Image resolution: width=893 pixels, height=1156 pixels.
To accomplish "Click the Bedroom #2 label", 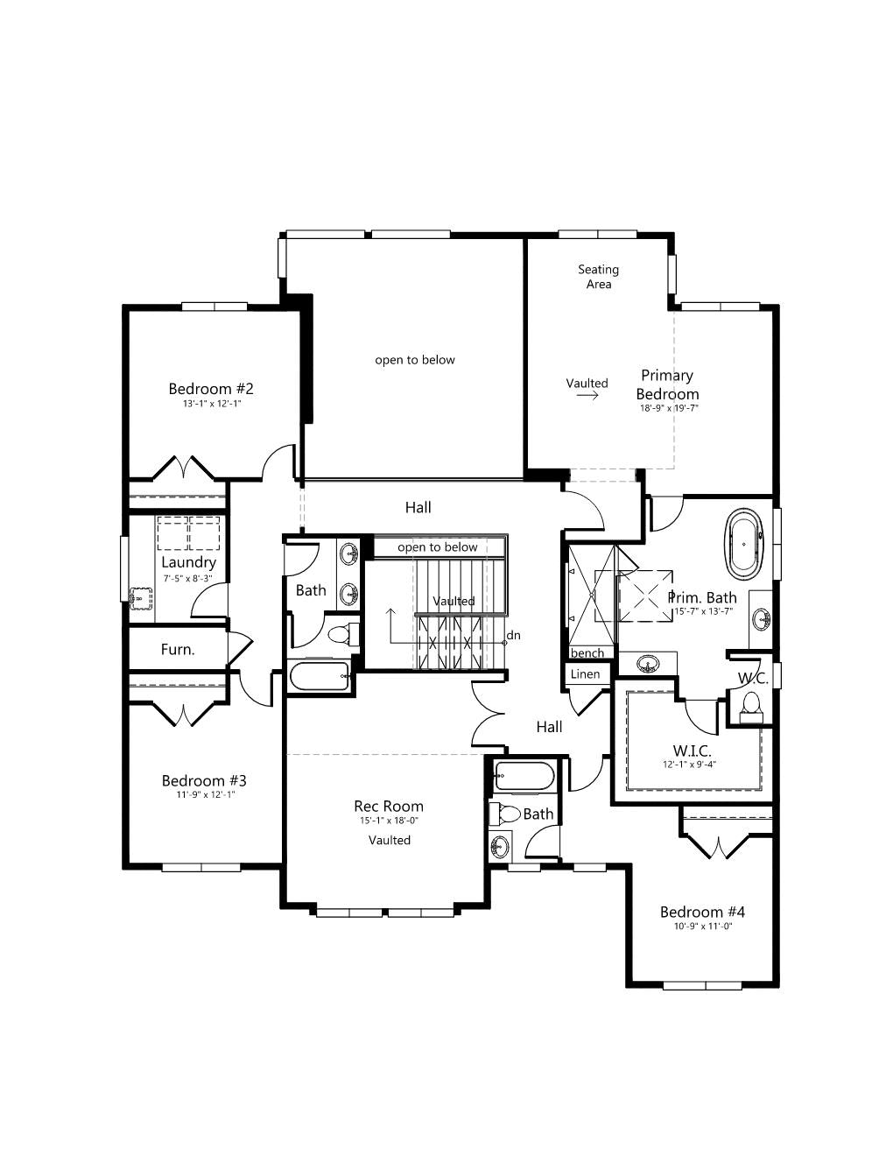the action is (x=211, y=389).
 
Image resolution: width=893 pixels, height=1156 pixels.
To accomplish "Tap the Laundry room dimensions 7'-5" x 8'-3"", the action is (x=188, y=578).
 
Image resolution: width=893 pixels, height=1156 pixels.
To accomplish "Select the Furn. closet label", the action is (x=178, y=649).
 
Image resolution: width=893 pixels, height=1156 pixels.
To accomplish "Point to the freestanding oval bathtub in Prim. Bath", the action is (x=745, y=545).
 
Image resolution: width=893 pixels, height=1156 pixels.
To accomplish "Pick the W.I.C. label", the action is (x=692, y=751).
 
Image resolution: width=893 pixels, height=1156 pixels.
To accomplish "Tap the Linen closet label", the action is (x=585, y=674).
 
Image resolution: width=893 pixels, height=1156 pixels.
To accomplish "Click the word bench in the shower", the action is (x=587, y=652).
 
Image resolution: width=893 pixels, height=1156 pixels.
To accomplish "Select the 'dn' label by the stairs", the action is (x=513, y=635).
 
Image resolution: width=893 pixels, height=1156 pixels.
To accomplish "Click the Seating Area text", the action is (x=598, y=277).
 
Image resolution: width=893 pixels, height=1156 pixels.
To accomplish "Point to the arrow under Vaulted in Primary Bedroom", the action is (x=587, y=395).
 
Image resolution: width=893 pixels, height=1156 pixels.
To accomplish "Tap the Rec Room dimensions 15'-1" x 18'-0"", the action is (x=390, y=821).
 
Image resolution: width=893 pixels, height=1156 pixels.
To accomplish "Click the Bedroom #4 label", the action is (x=702, y=912).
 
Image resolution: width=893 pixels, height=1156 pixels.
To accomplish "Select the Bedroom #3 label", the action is (x=204, y=780).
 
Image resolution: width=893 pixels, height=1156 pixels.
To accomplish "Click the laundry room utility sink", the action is (x=140, y=598).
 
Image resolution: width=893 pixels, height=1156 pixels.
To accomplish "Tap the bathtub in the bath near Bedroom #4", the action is (x=524, y=776).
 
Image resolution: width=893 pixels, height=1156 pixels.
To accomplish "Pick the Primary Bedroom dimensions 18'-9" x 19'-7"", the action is (x=669, y=408).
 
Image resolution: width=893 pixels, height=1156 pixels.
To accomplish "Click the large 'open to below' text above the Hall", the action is (x=415, y=360).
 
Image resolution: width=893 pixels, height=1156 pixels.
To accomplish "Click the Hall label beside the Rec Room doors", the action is (x=549, y=727).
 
